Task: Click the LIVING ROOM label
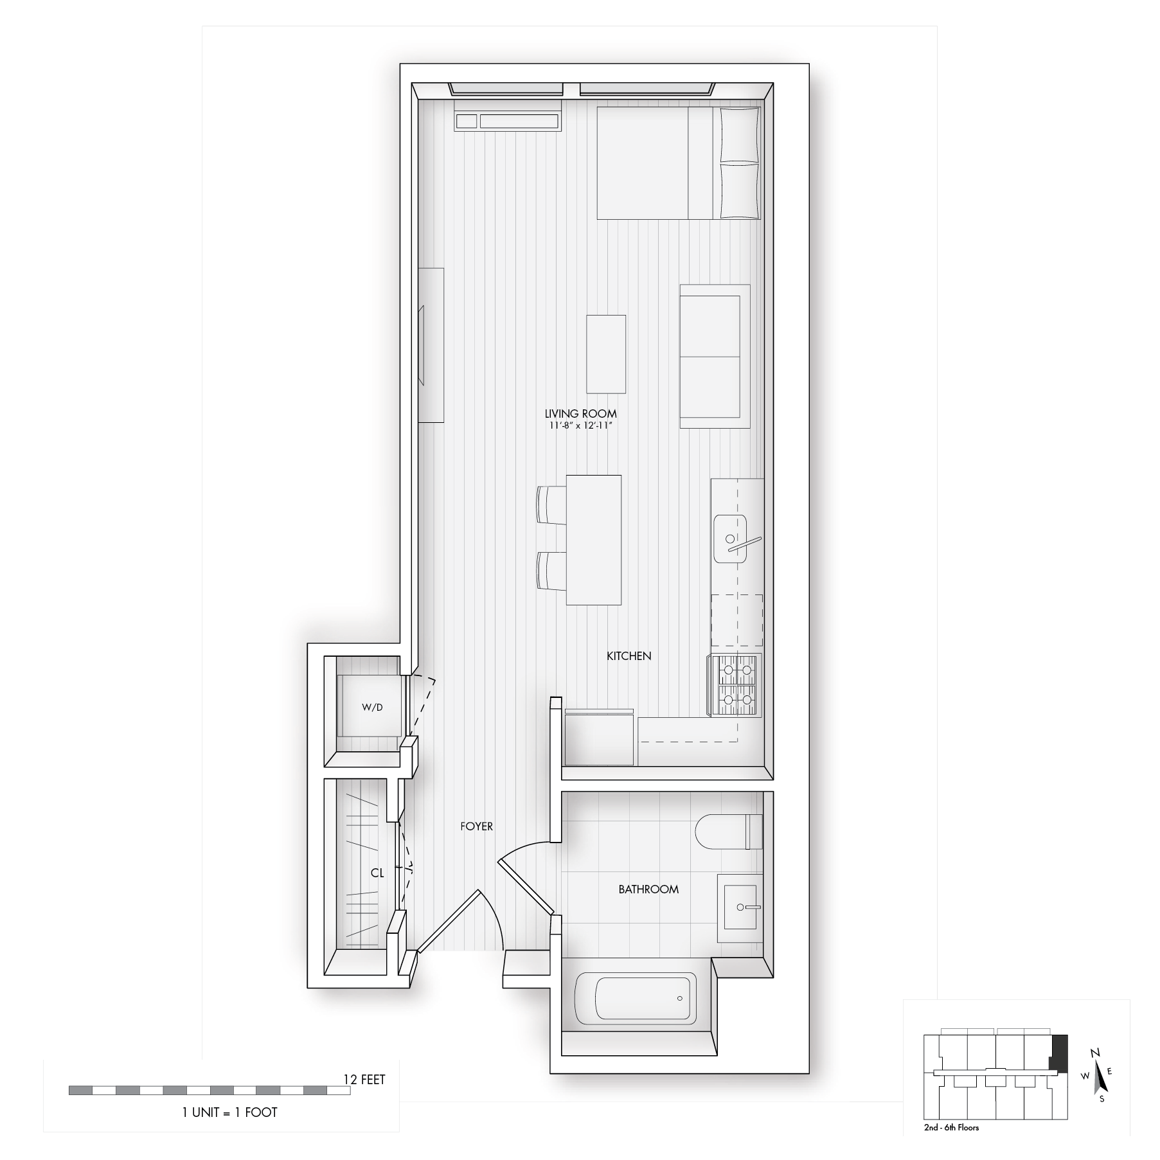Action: tap(580, 414)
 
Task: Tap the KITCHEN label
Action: tap(629, 656)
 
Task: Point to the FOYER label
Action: tap(476, 826)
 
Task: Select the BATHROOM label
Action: tap(648, 889)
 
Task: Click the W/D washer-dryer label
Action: tap(372, 707)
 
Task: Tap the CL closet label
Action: tap(377, 873)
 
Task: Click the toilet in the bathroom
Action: tap(729, 832)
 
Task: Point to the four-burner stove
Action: tap(735, 685)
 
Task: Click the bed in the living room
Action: tap(679, 163)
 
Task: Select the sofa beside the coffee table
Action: tap(715, 357)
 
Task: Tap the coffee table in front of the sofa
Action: tap(606, 354)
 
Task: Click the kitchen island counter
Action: tap(594, 540)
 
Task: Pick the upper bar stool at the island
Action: tap(551, 505)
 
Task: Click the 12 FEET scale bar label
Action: tap(364, 1079)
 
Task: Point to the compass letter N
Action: tap(1095, 1071)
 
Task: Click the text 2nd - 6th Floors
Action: tap(951, 1127)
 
